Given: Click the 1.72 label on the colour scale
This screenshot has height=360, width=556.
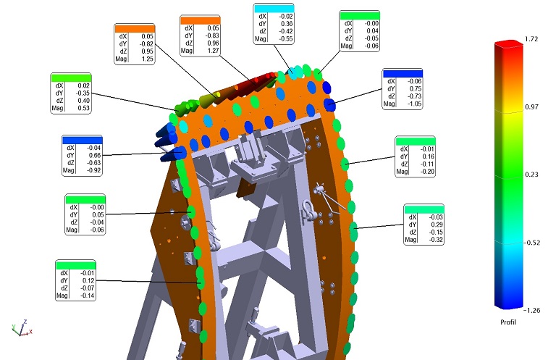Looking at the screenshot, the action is (531, 39).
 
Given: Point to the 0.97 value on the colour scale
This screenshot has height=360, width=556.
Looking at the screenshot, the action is (531, 106).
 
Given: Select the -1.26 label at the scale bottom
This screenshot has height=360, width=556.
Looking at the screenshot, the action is (532, 310).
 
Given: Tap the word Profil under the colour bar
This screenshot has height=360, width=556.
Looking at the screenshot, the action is (508, 322).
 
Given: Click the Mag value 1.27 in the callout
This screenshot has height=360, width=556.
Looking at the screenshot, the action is (213, 51).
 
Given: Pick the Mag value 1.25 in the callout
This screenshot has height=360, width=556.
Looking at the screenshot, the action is (148, 59).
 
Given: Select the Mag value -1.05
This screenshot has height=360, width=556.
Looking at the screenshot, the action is (414, 104).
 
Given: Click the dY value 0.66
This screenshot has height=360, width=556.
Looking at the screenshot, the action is (95, 155).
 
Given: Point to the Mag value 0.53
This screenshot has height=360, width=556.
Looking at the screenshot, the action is (84, 108).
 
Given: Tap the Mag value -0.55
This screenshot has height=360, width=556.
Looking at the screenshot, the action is (285, 38).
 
